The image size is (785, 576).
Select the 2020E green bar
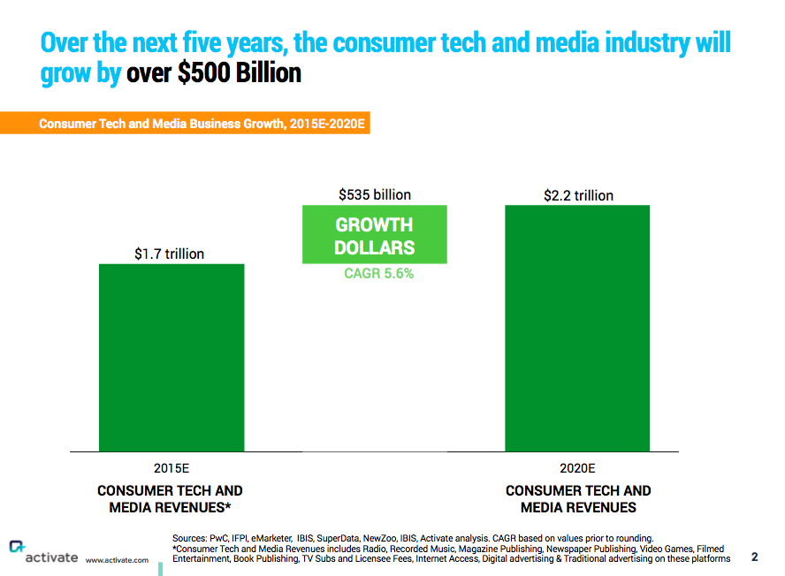coord(577,328)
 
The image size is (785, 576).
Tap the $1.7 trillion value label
coord(169,254)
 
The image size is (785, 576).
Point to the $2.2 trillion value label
coord(578,195)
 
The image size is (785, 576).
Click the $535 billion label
coord(375,194)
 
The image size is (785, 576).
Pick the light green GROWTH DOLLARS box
coord(374,235)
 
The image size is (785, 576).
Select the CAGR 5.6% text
coord(378,274)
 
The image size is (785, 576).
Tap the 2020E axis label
coord(578,468)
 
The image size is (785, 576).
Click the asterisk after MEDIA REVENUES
coord(229,507)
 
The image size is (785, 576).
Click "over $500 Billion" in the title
coord(214,73)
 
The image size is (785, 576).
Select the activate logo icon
coord(16,548)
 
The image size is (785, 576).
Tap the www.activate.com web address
coord(117,560)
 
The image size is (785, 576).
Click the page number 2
coord(754,557)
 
